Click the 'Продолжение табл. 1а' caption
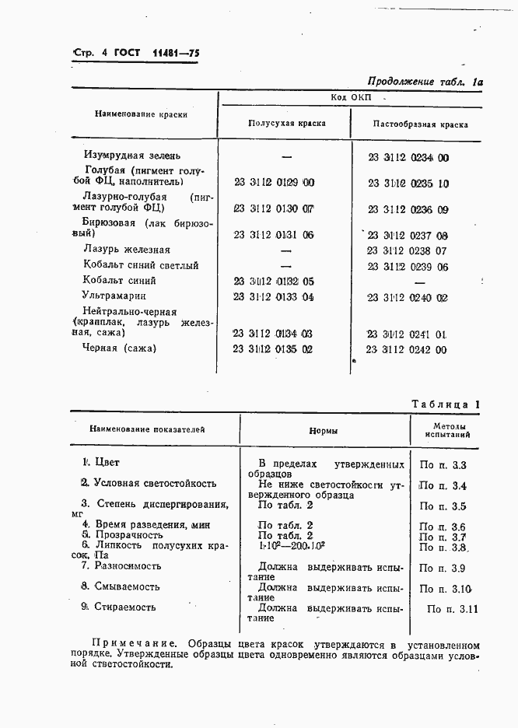click(x=425, y=81)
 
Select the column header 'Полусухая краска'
click(x=286, y=124)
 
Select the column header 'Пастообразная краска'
click(x=420, y=124)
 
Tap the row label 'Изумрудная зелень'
click(x=138, y=156)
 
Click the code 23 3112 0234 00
click(x=408, y=157)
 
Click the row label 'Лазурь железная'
click(x=126, y=250)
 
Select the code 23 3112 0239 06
click(x=408, y=266)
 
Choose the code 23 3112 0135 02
click(x=273, y=349)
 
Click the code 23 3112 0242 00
click(x=407, y=350)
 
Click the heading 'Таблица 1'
click(x=445, y=404)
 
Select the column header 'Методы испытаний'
click(x=446, y=430)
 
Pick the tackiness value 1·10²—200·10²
click(x=285, y=546)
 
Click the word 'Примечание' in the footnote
click(x=129, y=645)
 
